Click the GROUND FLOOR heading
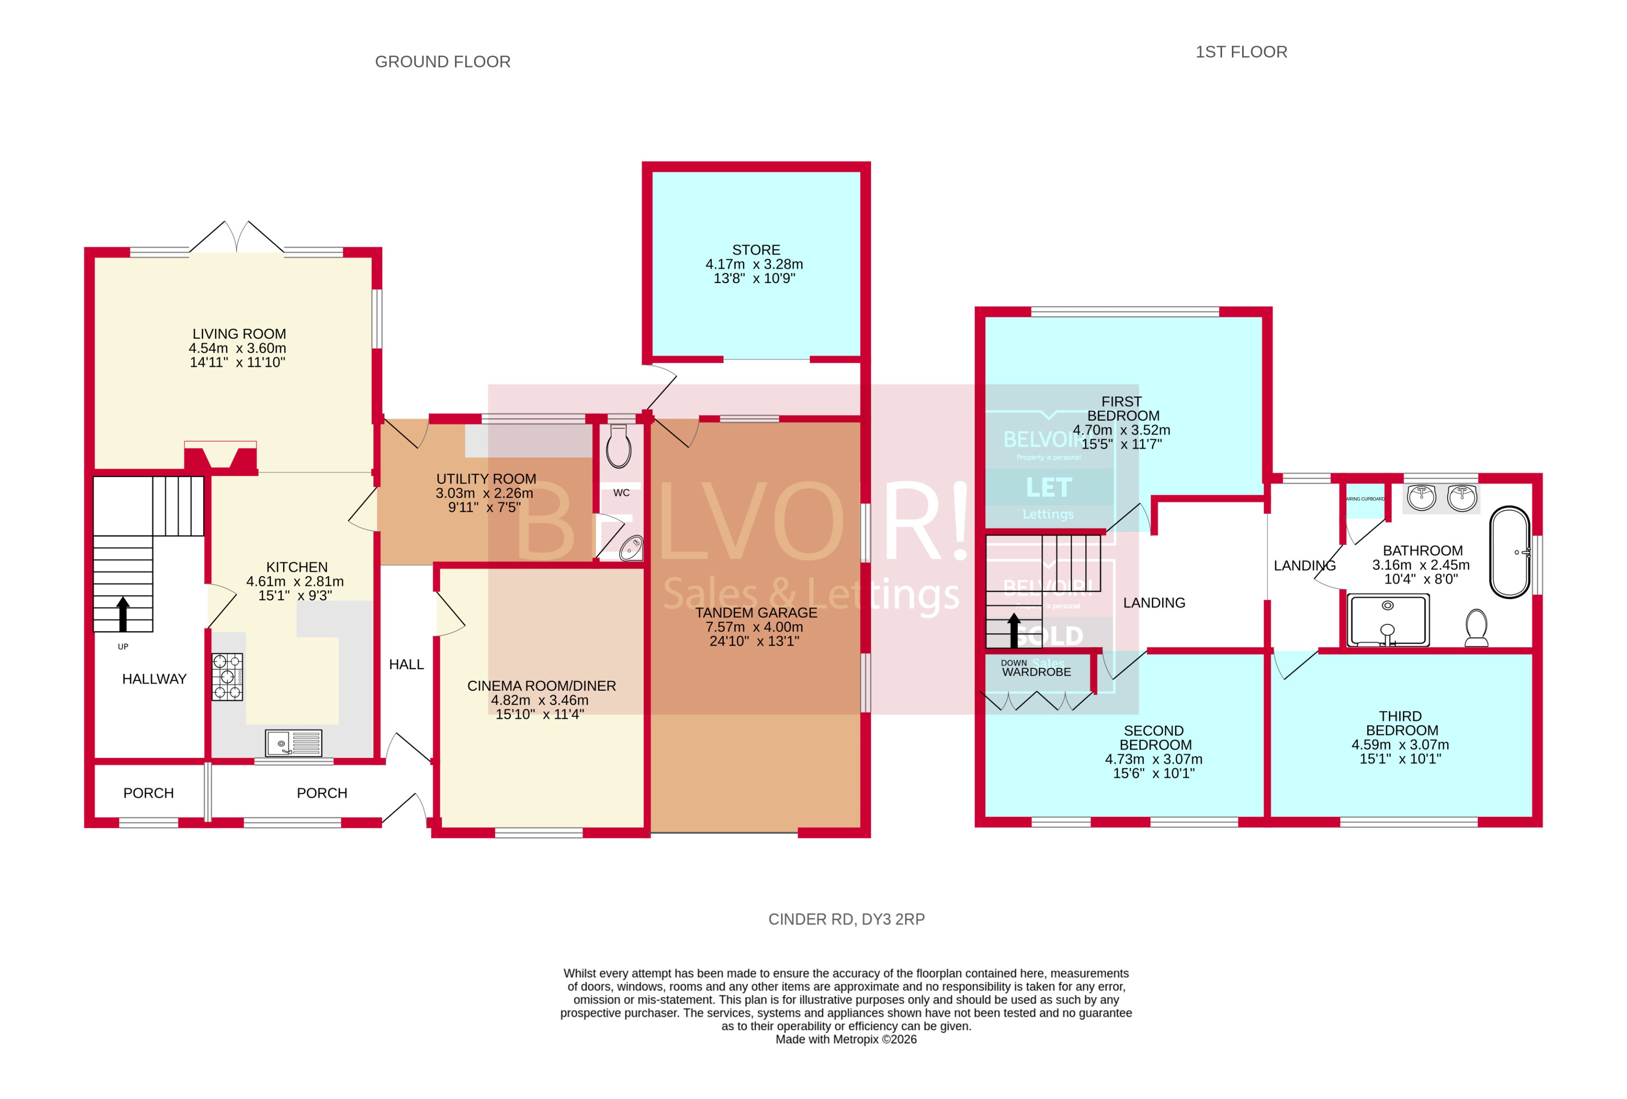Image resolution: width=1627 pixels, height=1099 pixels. pos(443,62)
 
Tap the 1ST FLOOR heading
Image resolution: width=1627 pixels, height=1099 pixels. pos(1241,52)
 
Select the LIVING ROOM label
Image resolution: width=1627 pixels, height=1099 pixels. pos(239,334)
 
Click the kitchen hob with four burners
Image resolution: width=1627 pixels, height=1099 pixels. pos(227,677)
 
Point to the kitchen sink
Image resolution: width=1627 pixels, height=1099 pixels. pos(293,743)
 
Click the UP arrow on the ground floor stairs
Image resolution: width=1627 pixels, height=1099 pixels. pos(123,614)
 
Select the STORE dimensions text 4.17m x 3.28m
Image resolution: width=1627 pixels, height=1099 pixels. pos(754,264)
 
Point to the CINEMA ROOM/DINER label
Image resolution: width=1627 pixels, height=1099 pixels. pos(541,686)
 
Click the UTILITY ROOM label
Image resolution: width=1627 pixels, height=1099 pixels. pos(486,479)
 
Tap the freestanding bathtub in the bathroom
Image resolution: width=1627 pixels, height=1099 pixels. pos(1509,553)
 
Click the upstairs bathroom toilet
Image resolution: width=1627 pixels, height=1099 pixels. pos(1476,627)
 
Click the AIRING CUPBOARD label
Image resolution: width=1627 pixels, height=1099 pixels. pos(1365,499)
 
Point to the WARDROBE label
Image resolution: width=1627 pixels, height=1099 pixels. pos(1036,672)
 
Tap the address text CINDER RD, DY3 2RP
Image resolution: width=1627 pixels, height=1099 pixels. pos(847,919)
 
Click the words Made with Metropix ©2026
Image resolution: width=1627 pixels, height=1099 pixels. pos(846,1040)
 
